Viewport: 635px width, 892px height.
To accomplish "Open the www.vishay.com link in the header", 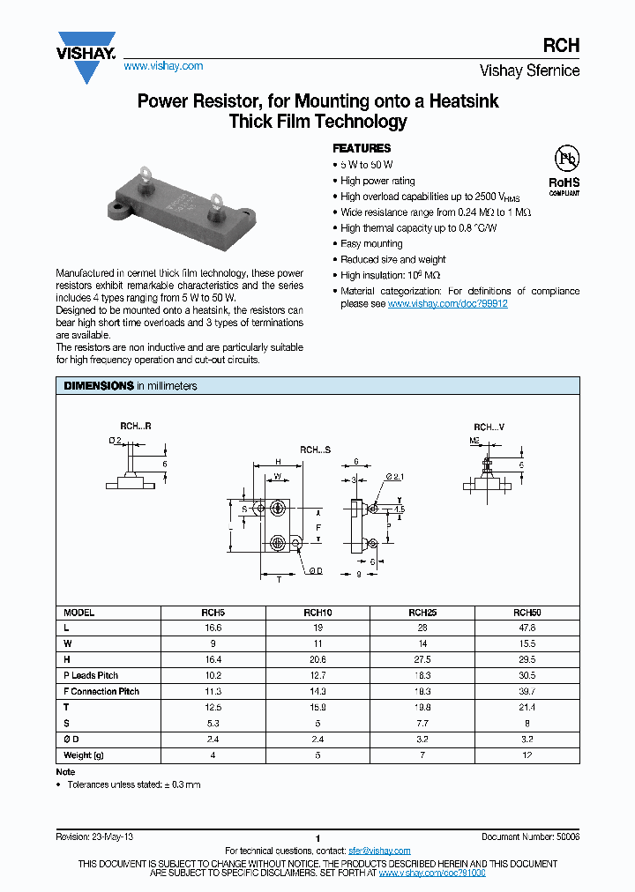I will [163, 66].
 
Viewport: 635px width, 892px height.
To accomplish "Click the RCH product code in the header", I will [564, 47].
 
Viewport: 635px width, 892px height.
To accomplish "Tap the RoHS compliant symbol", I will [564, 168].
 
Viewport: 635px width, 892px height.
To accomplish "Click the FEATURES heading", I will [361, 149].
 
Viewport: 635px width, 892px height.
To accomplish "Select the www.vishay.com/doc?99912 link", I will [447, 303].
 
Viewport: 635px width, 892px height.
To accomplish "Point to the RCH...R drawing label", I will [136, 426].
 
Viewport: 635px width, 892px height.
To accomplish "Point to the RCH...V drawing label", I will [489, 426].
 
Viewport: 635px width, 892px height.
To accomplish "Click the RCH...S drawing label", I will [315, 450].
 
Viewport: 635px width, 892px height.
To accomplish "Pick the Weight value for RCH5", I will [212, 755].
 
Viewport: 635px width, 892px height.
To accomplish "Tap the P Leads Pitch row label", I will [91, 675].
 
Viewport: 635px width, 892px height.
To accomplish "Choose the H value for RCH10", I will [317, 659].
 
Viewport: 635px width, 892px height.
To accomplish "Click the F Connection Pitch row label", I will [101, 691].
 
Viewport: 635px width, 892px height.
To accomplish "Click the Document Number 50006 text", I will [530, 836].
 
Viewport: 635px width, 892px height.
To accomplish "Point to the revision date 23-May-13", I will [113, 836].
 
